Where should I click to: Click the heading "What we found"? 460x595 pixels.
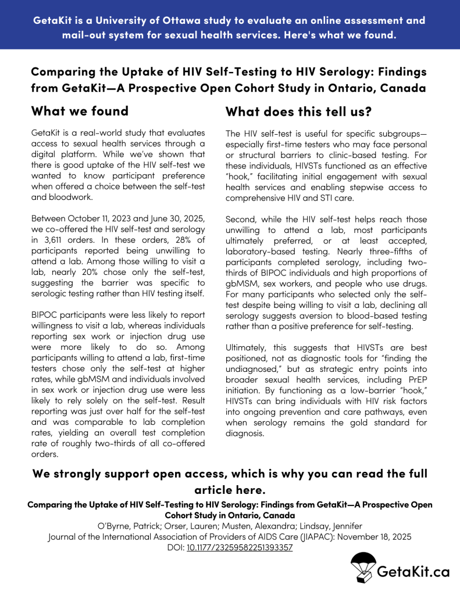point(79,110)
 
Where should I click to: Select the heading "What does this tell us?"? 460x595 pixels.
point(298,110)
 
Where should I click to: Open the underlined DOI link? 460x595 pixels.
point(240,547)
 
